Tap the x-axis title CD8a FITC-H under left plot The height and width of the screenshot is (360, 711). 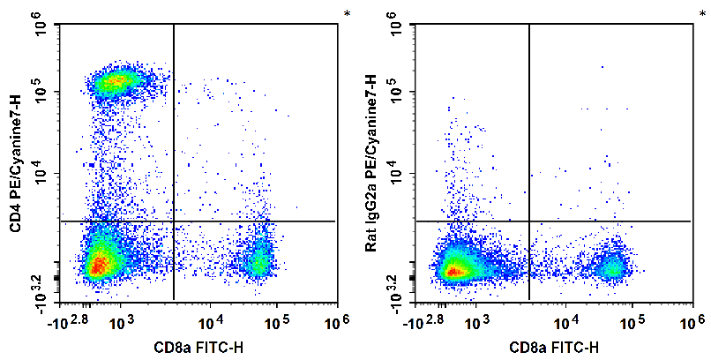pyautogui.click(x=198, y=347)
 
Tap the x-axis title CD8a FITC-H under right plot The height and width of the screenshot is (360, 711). pyautogui.click(x=553, y=347)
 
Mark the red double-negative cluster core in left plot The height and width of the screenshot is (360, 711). pyautogui.click(x=98, y=262)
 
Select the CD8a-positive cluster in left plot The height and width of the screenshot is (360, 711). pyautogui.click(x=258, y=260)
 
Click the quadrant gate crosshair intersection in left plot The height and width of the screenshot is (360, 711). pyautogui.click(x=174, y=221)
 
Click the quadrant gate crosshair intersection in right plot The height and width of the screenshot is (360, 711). pyautogui.click(x=528, y=221)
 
